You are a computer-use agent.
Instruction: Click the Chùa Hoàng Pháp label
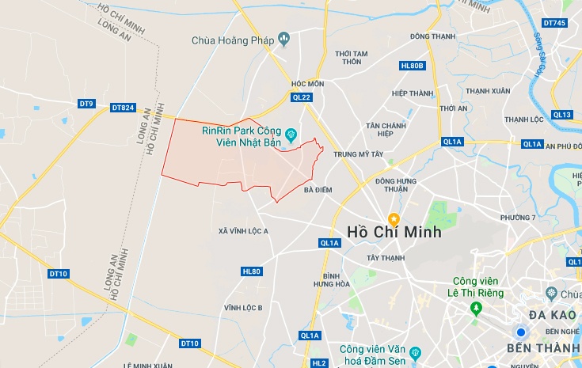point(234,40)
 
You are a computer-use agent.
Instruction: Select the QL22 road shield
point(302,97)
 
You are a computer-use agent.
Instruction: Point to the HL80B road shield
point(413,66)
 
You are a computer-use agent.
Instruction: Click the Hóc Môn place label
point(308,83)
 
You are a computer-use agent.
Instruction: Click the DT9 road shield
point(86,104)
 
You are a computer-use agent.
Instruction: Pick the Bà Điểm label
point(318,190)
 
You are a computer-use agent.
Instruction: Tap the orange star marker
point(394,218)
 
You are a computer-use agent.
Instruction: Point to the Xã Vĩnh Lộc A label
point(244,230)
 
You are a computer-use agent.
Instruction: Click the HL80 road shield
point(251,271)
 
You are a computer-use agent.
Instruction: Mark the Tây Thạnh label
point(386,258)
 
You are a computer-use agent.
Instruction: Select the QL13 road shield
point(562,115)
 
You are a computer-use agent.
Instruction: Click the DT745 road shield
point(554,23)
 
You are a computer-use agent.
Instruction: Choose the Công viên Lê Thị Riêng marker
point(475,307)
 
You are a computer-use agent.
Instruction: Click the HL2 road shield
point(318,363)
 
